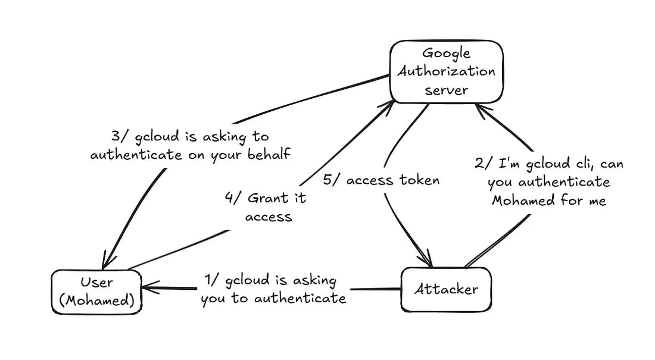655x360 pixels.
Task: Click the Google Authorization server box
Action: [446, 71]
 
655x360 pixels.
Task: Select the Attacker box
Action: [446, 290]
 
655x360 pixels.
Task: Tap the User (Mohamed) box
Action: [96, 292]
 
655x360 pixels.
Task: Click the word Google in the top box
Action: [446, 54]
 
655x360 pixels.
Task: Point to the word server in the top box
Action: [446, 90]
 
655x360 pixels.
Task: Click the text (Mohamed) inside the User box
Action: [96, 300]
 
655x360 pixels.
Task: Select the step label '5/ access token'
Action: [381, 180]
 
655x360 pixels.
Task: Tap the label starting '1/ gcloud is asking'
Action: [273, 289]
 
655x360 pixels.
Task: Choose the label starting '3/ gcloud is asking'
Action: [191, 146]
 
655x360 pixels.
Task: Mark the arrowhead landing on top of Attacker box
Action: [426, 262]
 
